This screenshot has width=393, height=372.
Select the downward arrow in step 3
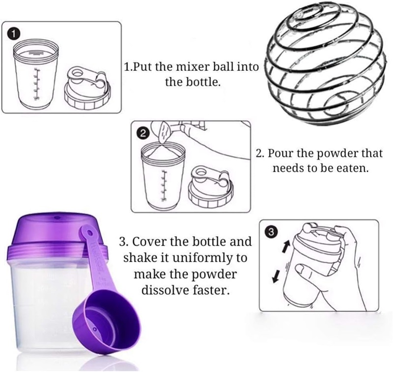[x=276, y=276]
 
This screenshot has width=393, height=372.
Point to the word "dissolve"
[x=165, y=290]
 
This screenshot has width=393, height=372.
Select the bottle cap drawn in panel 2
[x=211, y=186]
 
